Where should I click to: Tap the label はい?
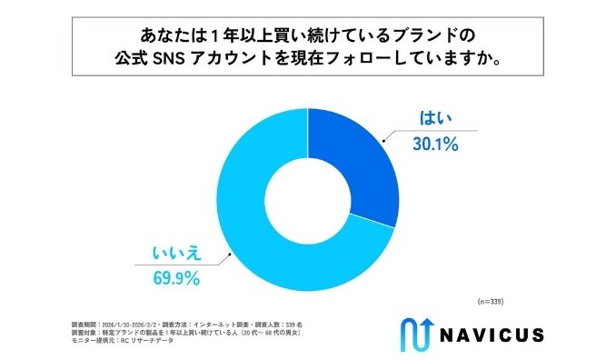(434, 117)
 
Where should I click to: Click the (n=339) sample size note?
(492, 300)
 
